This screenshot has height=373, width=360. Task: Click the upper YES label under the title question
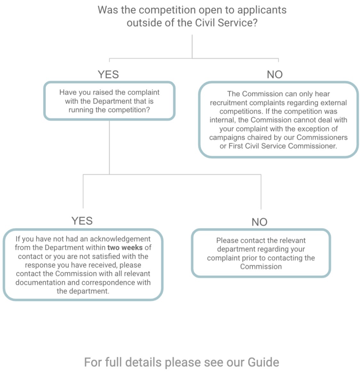[108, 74]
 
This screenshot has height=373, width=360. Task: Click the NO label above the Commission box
[275, 74]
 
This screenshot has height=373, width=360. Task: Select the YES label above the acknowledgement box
[82, 221]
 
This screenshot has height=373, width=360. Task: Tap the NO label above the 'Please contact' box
[259, 222]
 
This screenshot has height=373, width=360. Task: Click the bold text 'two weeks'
[125, 247]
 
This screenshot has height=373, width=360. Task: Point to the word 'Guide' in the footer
[263, 362]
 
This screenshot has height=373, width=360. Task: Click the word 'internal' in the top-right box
[223, 120]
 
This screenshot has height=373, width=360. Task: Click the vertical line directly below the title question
[192, 46]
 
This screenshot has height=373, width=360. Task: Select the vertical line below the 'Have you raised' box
[109, 147]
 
